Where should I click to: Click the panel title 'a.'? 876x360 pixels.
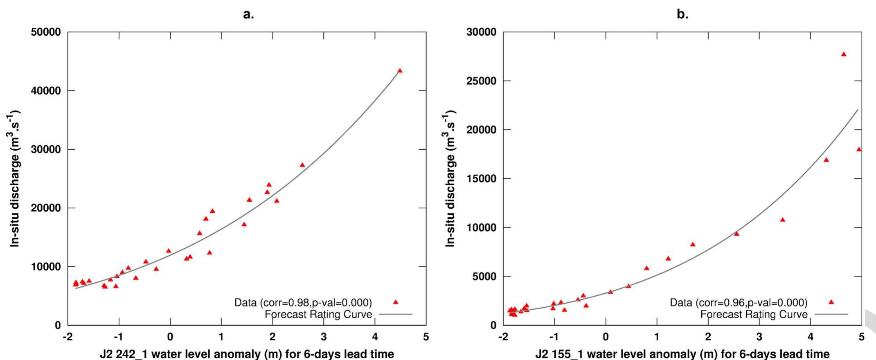[x=248, y=15]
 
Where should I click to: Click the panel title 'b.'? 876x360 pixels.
[x=682, y=15]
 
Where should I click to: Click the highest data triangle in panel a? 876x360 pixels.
[x=400, y=71]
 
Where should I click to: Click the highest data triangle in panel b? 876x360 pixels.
[x=843, y=54]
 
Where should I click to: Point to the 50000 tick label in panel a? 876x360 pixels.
[x=46, y=32]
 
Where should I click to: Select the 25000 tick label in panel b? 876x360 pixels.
[x=481, y=81]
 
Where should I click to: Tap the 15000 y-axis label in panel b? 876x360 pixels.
[x=481, y=179]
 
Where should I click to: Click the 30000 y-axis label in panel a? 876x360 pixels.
[x=46, y=150]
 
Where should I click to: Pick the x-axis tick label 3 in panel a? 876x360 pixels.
[x=324, y=337]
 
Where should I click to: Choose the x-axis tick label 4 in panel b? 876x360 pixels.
[x=810, y=337]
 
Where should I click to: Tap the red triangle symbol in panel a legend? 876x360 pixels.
[x=395, y=302]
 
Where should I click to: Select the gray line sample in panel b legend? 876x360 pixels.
[x=831, y=315]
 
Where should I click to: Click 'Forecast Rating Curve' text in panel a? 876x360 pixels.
[x=318, y=315]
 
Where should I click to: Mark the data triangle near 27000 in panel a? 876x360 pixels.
[x=302, y=165]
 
